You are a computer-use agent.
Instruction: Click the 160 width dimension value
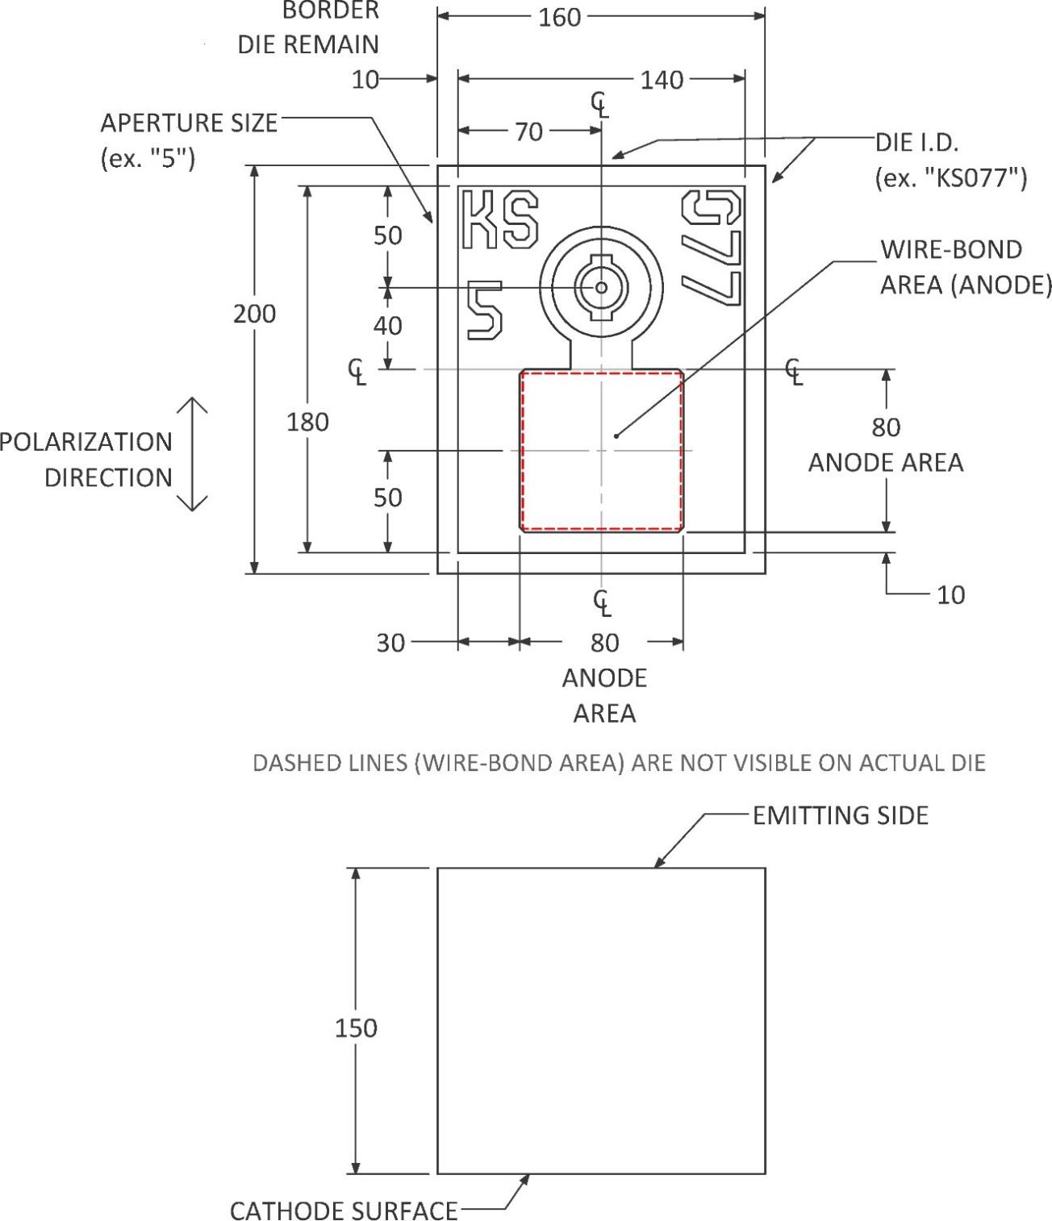(560, 17)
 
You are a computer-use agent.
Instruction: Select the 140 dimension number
(662, 80)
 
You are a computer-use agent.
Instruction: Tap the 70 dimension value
(528, 132)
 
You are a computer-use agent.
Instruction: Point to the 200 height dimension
(255, 314)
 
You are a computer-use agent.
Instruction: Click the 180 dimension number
(307, 422)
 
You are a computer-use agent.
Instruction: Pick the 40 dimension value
(388, 326)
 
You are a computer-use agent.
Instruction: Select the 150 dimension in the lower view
(356, 1028)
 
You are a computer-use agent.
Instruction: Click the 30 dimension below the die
(390, 643)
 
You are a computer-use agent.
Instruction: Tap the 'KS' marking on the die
(499, 219)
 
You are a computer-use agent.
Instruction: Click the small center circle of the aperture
(601, 287)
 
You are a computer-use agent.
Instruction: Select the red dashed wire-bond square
(602, 451)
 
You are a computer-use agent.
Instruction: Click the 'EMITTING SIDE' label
(841, 815)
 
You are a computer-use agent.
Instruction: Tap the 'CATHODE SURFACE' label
(344, 1210)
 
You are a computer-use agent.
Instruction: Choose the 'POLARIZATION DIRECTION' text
(86, 460)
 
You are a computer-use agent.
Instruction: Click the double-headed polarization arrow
(192, 454)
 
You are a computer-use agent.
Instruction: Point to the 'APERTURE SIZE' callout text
(188, 123)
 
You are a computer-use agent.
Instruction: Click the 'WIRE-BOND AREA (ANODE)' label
(966, 267)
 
